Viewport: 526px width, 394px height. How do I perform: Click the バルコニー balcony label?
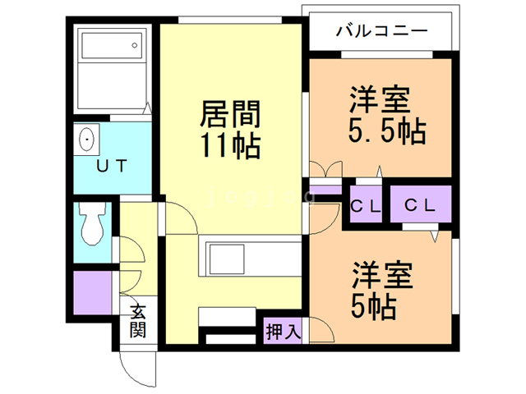pos(381,31)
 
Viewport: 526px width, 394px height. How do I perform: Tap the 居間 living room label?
pos(230,114)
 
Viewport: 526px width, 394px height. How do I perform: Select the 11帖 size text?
pos(230,145)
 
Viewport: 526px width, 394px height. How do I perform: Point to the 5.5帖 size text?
pos(387,131)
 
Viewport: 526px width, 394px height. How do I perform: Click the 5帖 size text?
pos(373,306)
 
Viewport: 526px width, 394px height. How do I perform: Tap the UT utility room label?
pos(112,166)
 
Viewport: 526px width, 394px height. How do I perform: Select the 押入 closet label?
pos(283,331)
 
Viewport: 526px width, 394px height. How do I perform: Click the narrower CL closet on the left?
pos(366,204)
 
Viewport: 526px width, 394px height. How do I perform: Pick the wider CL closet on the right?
pos(421,204)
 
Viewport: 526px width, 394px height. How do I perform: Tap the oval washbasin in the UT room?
pos(87,140)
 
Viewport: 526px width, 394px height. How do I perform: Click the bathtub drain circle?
pos(135,45)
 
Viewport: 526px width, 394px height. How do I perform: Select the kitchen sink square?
pos(227,259)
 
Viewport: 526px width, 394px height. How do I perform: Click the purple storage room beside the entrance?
pos(93,292)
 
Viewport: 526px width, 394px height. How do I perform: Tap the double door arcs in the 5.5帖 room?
pos(326,168)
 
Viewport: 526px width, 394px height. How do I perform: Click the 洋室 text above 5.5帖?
pos(380,99)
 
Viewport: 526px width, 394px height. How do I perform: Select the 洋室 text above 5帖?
pos(382,276)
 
